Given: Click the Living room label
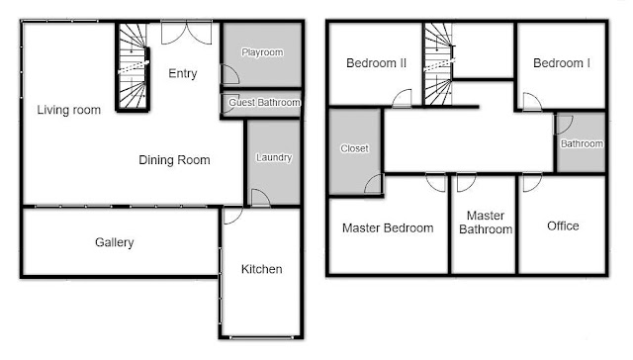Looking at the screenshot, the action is pyautogui.click(x=68, y=110).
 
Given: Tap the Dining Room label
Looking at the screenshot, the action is pyautogui.click(x=174, y=160).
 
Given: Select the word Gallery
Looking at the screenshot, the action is pyautogui.click(x=115, y=242).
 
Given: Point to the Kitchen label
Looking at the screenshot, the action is pyautogui.click(x=261, y=269).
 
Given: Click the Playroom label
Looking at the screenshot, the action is pyautogui.click(x=262, y=52).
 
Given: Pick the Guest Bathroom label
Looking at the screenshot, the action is pyautogui.click(x=264, y=103).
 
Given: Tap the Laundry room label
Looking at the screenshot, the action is pyautogui.click(x=274, y=157).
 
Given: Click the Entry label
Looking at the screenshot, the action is pyautogui.click(x=182, y=73).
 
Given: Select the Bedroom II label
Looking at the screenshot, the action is pyautogui.click(x=376, y=63).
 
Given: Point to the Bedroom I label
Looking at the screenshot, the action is pyautogui.click(x=562, y=63).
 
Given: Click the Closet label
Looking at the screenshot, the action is pyautogui.click(x=354, y=148).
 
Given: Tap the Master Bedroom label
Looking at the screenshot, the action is pyautogui.click(x=388, y=228).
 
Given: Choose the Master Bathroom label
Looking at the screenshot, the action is pyautogui.click(x=486, y=223).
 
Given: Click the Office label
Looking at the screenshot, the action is pyautogui.click(x=563, y=225).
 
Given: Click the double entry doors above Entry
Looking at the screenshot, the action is pyautogui.click(x=186, y=33).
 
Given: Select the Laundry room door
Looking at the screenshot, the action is pyautogui.click(x=261, y=198).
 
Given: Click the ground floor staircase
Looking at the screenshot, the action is pyautogui.click(x=133, y=66).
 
